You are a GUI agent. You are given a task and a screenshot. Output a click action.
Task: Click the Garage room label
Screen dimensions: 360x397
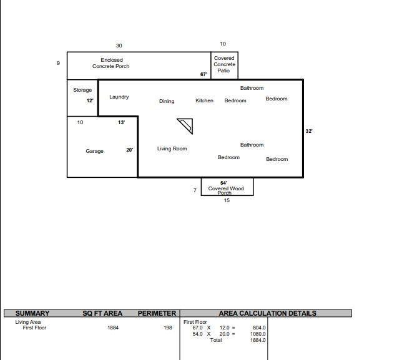95,151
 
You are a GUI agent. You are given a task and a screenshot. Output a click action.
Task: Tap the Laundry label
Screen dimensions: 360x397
119,97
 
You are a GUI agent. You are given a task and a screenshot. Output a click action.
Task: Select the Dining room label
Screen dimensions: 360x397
167,101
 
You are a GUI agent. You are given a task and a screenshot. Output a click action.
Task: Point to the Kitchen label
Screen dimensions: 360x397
204,100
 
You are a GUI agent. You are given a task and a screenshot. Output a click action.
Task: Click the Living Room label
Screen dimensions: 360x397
172,148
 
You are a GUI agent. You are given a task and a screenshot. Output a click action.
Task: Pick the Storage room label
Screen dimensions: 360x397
82,90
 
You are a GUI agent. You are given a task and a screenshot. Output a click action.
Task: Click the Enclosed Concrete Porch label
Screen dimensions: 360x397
111,63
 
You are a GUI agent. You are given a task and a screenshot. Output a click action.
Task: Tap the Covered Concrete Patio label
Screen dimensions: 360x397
224,64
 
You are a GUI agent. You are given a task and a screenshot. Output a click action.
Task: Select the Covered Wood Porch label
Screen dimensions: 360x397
226,189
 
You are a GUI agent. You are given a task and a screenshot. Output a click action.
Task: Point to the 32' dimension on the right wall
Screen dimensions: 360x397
309,131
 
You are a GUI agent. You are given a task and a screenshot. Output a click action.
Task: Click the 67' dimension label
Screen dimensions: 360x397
203,74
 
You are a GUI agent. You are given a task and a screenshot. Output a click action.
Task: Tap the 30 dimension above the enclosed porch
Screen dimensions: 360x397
119,46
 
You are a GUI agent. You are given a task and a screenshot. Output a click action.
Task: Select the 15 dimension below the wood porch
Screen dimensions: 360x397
227,200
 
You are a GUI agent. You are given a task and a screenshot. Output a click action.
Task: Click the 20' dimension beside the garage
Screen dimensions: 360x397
130,150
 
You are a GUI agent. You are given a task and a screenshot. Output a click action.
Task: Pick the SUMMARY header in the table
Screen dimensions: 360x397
32,313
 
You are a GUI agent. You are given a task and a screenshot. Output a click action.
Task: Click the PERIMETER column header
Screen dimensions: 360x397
157,313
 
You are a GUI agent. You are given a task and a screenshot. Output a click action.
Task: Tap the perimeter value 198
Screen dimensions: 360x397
168,328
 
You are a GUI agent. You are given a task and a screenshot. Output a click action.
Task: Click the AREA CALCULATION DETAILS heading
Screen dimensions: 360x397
267,313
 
